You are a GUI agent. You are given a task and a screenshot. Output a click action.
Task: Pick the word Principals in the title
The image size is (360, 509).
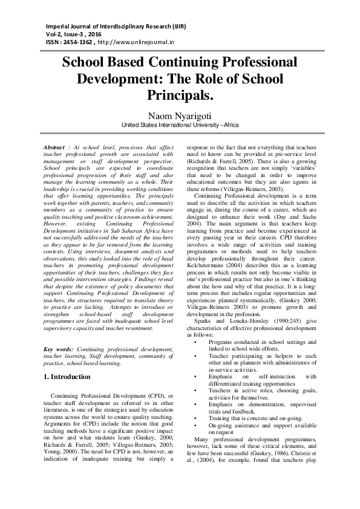(x=180, y=95)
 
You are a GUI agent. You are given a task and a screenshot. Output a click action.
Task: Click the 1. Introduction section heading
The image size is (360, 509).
(x=68, y=377)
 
